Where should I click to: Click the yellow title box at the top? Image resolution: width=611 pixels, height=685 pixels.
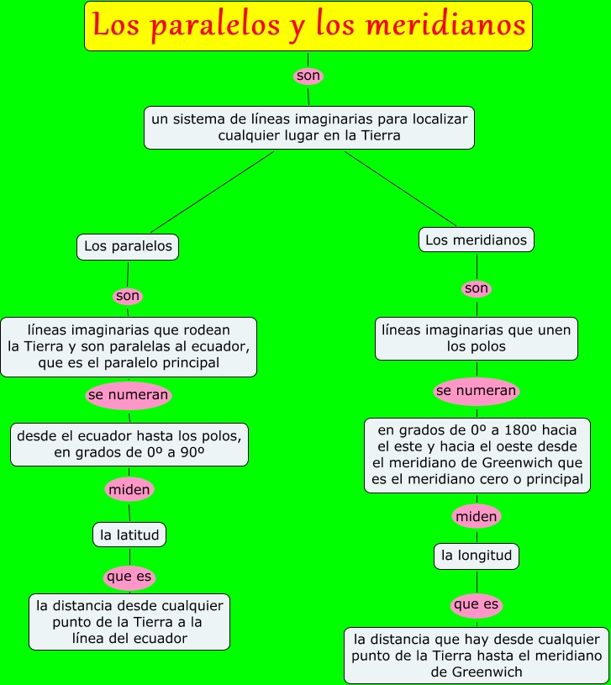pos(308,25)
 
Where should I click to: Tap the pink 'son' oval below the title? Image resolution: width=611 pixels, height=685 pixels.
pos(308,76)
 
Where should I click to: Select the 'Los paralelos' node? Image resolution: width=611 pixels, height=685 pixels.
pos(128,246)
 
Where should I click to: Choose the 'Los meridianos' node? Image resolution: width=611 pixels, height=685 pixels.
pos(476,240)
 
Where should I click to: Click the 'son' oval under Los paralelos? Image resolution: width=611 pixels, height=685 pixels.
pos(128,296)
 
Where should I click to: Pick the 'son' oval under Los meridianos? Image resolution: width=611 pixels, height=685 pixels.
pos(476,288)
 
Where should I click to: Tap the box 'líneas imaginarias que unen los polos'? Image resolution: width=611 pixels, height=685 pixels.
pos(476,338)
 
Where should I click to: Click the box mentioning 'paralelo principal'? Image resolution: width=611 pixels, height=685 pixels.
pos(129,346)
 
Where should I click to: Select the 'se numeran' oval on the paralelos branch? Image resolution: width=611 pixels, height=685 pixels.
pos(129,395)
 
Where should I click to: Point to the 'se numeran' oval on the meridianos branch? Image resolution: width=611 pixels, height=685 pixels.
pos(476,391)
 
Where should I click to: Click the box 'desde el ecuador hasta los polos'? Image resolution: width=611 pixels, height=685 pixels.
pos(129,444)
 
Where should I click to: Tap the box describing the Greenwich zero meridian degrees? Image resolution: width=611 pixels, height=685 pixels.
pos(477,455)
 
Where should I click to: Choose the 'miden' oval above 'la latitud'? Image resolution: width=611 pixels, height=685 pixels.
pos(129,488)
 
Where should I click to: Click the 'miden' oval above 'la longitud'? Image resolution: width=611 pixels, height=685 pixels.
pos(477,516)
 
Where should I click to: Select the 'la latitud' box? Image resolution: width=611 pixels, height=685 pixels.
pos(129,534)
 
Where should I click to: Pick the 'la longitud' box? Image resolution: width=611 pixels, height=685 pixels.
pos(477,555)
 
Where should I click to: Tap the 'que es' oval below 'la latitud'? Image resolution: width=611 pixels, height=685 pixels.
pos(129,577)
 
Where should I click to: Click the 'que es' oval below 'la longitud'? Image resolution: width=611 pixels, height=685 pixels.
pos(477,604)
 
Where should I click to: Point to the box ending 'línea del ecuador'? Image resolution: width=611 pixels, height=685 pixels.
pos(129,621)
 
